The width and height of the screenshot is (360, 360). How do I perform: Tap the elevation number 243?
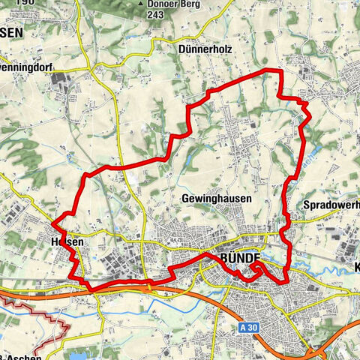156,14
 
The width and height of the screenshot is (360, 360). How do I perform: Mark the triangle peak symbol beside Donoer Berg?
140,4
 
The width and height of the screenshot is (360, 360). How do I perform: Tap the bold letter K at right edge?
355,267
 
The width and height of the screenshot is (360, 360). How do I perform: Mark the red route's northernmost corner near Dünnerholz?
274,70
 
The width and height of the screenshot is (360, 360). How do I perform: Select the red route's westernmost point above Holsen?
51,223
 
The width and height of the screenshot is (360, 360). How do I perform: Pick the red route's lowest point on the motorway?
91,289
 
